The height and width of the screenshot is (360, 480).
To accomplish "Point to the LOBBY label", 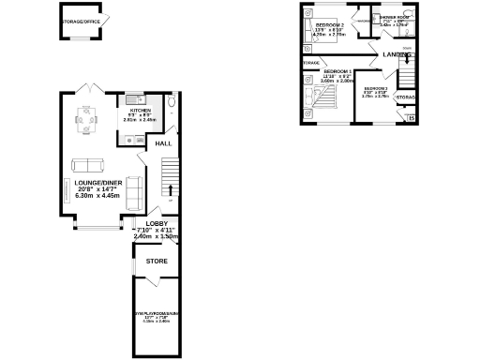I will pos(156,223).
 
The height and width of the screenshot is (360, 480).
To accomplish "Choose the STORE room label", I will pos(156,262).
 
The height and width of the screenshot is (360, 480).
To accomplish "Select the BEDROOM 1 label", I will pos(337,71).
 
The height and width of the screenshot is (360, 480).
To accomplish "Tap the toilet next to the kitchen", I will pos(172,103).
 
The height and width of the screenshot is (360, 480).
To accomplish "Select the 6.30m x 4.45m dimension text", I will pos(97,196).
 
